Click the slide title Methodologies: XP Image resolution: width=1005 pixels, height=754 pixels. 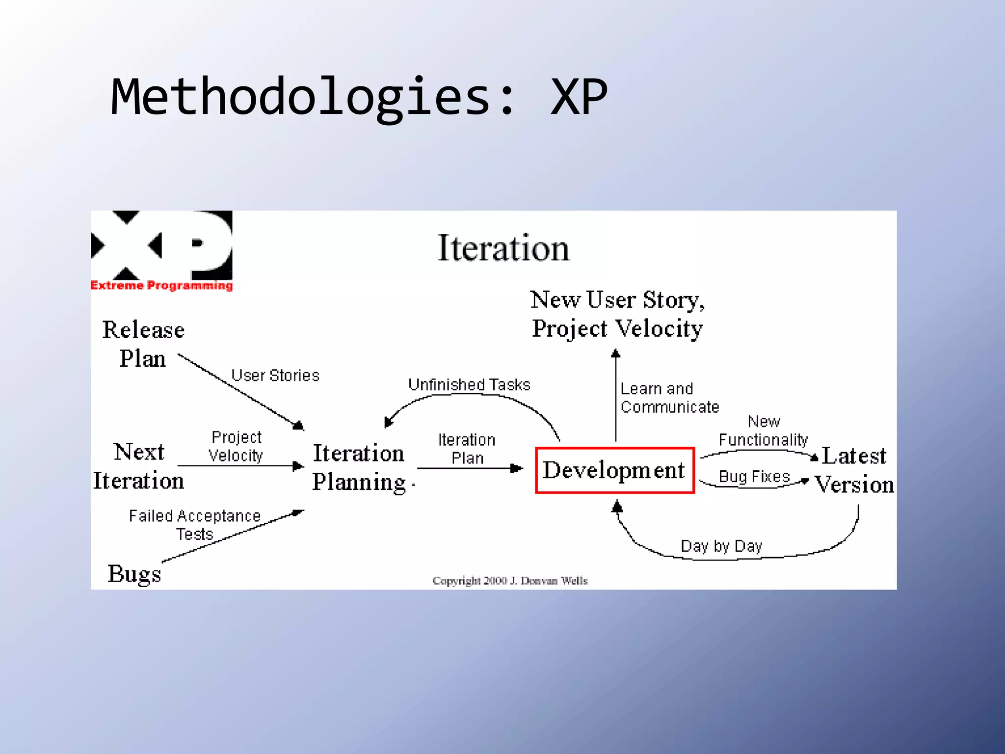click(x=359, y=97)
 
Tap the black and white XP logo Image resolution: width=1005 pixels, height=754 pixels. click(x=161, y=245)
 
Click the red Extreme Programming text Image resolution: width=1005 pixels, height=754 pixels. click(x=161, y=286)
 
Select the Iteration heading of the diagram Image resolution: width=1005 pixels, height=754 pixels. click(x=503, y=248)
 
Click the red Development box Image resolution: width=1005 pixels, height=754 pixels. click(x=614, y=470)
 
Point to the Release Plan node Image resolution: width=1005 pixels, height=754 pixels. click(x=143, y=344)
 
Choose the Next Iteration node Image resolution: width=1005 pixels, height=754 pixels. click(x=139, y=466)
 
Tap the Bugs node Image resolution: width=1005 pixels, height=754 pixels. click(x=134, y=573)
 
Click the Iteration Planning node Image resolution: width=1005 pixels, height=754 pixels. click(x=359, y=467)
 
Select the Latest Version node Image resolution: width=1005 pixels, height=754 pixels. click(x=854, y=470)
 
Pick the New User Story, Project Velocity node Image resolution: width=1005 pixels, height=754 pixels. click(x=617, y=314)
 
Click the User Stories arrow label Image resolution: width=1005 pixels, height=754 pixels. click(x=275, y=376)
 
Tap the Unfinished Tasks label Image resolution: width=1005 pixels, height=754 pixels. click(x=469, y=385)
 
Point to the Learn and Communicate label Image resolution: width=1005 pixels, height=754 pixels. click(x=669, y=398)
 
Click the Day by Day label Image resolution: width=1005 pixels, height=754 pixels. click(x=721, y=546)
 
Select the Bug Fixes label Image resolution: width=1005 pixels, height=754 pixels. click(x=754, y=477)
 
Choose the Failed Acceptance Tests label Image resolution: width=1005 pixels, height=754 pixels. click(x=195, y=525)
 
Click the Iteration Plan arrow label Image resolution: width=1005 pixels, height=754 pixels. click(x=467, y=449)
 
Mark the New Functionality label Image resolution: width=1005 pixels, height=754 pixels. click(x=763, y=431)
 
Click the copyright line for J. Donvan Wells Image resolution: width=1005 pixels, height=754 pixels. click(x=510, y=581)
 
